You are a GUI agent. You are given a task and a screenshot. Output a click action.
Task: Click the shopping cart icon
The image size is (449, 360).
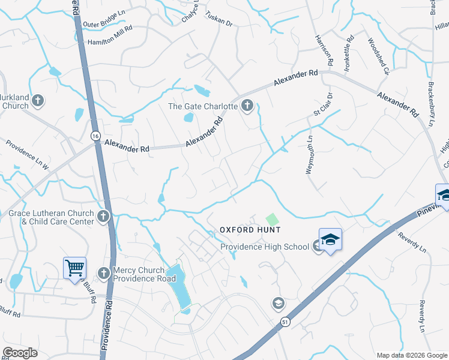[74, 268]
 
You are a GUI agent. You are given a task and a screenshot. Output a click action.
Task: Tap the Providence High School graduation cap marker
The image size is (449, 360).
[330, 240]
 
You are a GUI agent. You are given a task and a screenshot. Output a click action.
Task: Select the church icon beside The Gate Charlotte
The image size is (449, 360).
[247, 107]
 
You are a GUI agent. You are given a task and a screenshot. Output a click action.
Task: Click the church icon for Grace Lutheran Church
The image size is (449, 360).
[103, 216]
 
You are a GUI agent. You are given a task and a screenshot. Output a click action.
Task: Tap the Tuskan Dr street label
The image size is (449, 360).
[218, 18]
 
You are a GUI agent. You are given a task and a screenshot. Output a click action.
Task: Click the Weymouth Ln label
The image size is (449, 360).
[310, 154]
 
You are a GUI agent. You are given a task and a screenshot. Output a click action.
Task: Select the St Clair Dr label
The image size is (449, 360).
[322, 105]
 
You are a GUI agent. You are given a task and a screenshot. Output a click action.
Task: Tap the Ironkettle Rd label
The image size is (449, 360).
[349, 56]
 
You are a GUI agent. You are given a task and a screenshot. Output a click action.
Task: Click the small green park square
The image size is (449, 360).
[273, 220]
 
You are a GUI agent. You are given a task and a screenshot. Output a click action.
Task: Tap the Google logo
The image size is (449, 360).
[21, 353]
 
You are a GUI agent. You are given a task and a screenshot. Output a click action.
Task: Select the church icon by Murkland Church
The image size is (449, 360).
[38, 100]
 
